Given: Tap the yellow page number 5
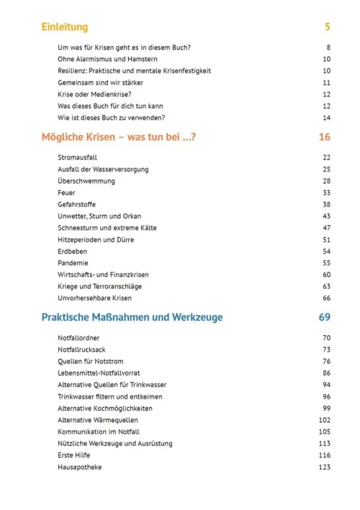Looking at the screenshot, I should pos(327,27).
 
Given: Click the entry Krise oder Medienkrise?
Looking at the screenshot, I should pos(94,94).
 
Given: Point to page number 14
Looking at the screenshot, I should pos(326,117).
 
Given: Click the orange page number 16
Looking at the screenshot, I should pos(324,137).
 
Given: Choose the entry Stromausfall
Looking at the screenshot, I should pos(78,157).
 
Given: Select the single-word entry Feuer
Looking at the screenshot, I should pos(66,192).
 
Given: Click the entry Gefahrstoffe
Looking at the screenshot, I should pos(77,204).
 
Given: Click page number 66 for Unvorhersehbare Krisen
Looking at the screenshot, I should pos(326,298).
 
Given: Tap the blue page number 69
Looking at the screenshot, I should pos(324,317).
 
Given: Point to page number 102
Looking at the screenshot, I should pos(324,420).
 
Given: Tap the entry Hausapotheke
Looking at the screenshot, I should pos(80,468).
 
